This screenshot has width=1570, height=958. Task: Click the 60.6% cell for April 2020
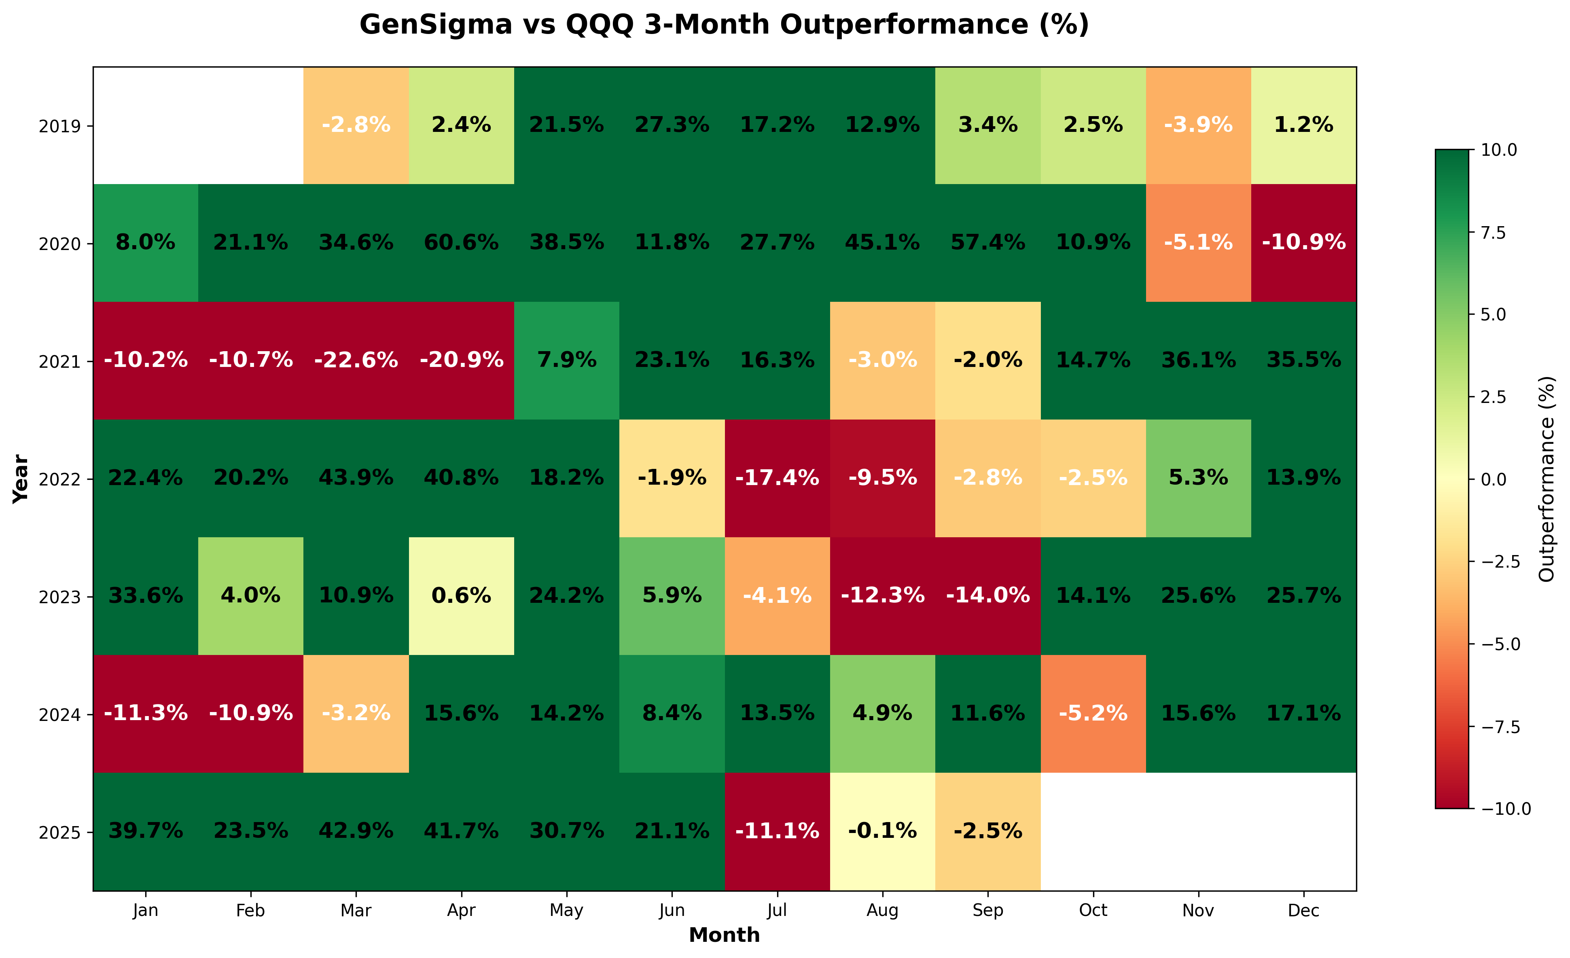click(461, 243)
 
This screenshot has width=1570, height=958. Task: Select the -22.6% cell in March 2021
click(356, 361)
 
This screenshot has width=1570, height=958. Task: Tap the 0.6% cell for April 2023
click(461, 596)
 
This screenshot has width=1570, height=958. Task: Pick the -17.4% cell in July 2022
click(778, 478)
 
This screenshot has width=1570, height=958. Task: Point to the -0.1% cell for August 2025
click(882, 831)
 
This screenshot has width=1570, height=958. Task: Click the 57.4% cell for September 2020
click(987, 243)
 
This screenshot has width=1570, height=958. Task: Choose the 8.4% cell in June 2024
click(672, 713)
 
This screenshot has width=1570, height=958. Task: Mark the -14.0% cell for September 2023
click(987, 596)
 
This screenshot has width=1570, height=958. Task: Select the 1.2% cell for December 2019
click(1304, 125)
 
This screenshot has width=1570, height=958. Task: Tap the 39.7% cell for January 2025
click(146, 831)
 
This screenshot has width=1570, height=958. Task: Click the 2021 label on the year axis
click(60, 362)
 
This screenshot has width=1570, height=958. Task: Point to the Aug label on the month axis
click(882, 911)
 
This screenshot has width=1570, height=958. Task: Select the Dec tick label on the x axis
click(1304, 911)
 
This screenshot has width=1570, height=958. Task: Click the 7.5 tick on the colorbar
click(1493, 233)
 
